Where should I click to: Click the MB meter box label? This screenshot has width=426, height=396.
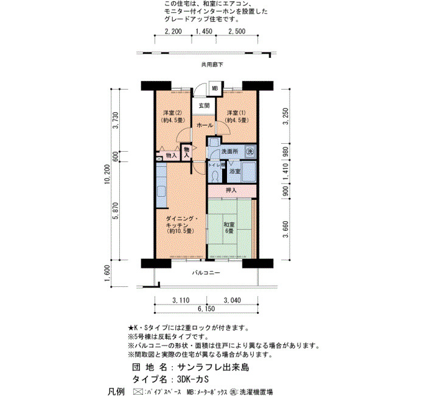pyautogui.click(x=215, y=88)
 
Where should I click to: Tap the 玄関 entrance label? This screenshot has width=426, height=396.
pyautogui.click(x=204, y=105)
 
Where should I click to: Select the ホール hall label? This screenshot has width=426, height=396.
pyautogui.click(x=204, y=125)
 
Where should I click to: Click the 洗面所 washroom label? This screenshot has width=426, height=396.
pyautogui.click(x=229, y=152)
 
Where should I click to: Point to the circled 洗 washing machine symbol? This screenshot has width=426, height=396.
pyautogui.click(x=250, y=152)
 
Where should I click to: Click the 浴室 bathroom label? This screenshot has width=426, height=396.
pyautogui.click(x=235, y=171)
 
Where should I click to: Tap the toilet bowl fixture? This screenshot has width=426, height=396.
pyautogui.click(x=215, y=177)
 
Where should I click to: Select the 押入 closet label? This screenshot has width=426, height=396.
pyautogui.click(x=231, y=190)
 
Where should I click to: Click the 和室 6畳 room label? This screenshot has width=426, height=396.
pyautogui.click(x=229, y=228)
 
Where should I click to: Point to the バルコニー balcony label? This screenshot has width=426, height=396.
pyautogui.click(x=206, y=272)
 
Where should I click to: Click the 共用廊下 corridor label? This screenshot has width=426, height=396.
pyautogui.click(x=212, y=65)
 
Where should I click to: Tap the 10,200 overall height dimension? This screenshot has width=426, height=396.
pyautogui.click(x=107, y=174)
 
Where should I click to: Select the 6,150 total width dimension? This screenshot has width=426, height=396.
pyautogui.click(x=206, y=309)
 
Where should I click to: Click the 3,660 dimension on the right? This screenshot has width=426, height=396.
pyautogui.click(x=285, y=229)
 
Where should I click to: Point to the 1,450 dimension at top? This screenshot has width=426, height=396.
pyautogui.click(x=204, y=31)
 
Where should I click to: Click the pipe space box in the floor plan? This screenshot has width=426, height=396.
pyautogui.click(x=159, y=159)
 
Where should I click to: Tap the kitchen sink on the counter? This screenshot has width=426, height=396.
pyautogui.click(x=161, y=191)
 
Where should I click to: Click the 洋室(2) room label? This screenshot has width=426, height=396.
pyautogui.click(x=173, y=113)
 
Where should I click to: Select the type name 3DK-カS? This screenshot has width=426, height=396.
pyautogui.click(x=193, y=379)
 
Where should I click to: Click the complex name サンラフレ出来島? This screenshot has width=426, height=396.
pyautogui.click(x=213, y=367)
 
